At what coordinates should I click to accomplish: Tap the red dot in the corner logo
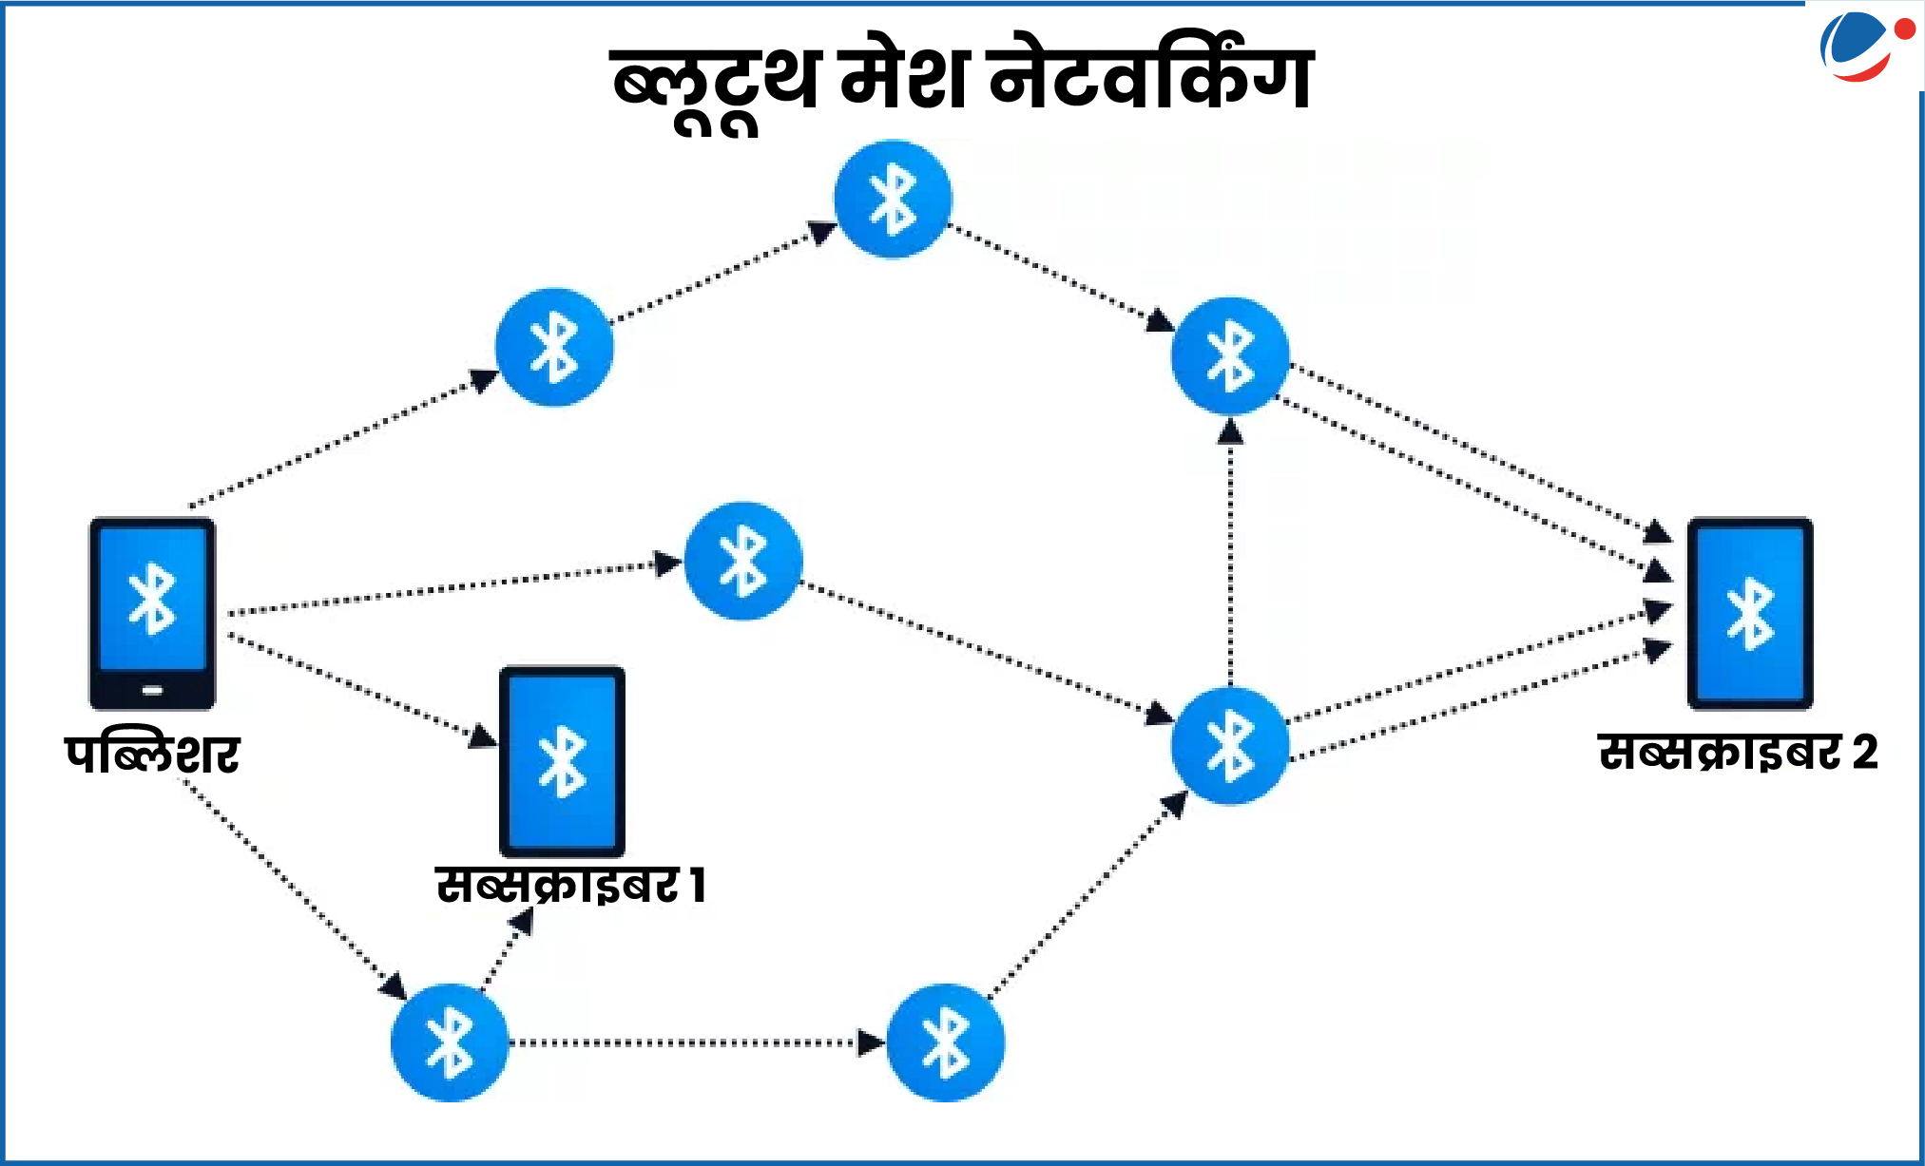pyautogui.click(x=1905, y=29)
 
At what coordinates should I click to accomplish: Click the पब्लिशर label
pyautogui.click(x=152, y=754)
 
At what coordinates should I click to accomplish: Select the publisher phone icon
pyautogui.click(x=152, y=613)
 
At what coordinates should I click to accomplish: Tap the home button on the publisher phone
pyautogui.click(x=152, y=690)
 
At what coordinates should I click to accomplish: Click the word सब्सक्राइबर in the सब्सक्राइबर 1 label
pyautogui.click(x=557, y=885)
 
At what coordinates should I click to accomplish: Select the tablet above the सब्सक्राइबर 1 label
pyautogui.click(x=563, y=761)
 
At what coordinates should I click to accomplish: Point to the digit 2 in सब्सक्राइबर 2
pyautogui.click(x=1865, y=753)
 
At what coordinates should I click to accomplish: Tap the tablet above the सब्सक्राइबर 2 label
pyautogui.click(x=1750, y=613)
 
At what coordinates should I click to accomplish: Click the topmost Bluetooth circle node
pyautogui.click(x=893, y=199)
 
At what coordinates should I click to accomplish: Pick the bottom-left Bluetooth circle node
pyautogui.click(x=450, y=1042)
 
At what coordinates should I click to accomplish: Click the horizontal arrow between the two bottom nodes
pyautogui.click(x=698, y=1042)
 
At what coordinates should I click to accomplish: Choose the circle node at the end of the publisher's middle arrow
pyautogui.click(x=743, y=561)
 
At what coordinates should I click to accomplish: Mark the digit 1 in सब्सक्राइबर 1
pyautogui.click(x=698, y=885)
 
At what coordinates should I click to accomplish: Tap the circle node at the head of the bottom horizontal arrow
pyautogui.click(x=945, y=1042)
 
